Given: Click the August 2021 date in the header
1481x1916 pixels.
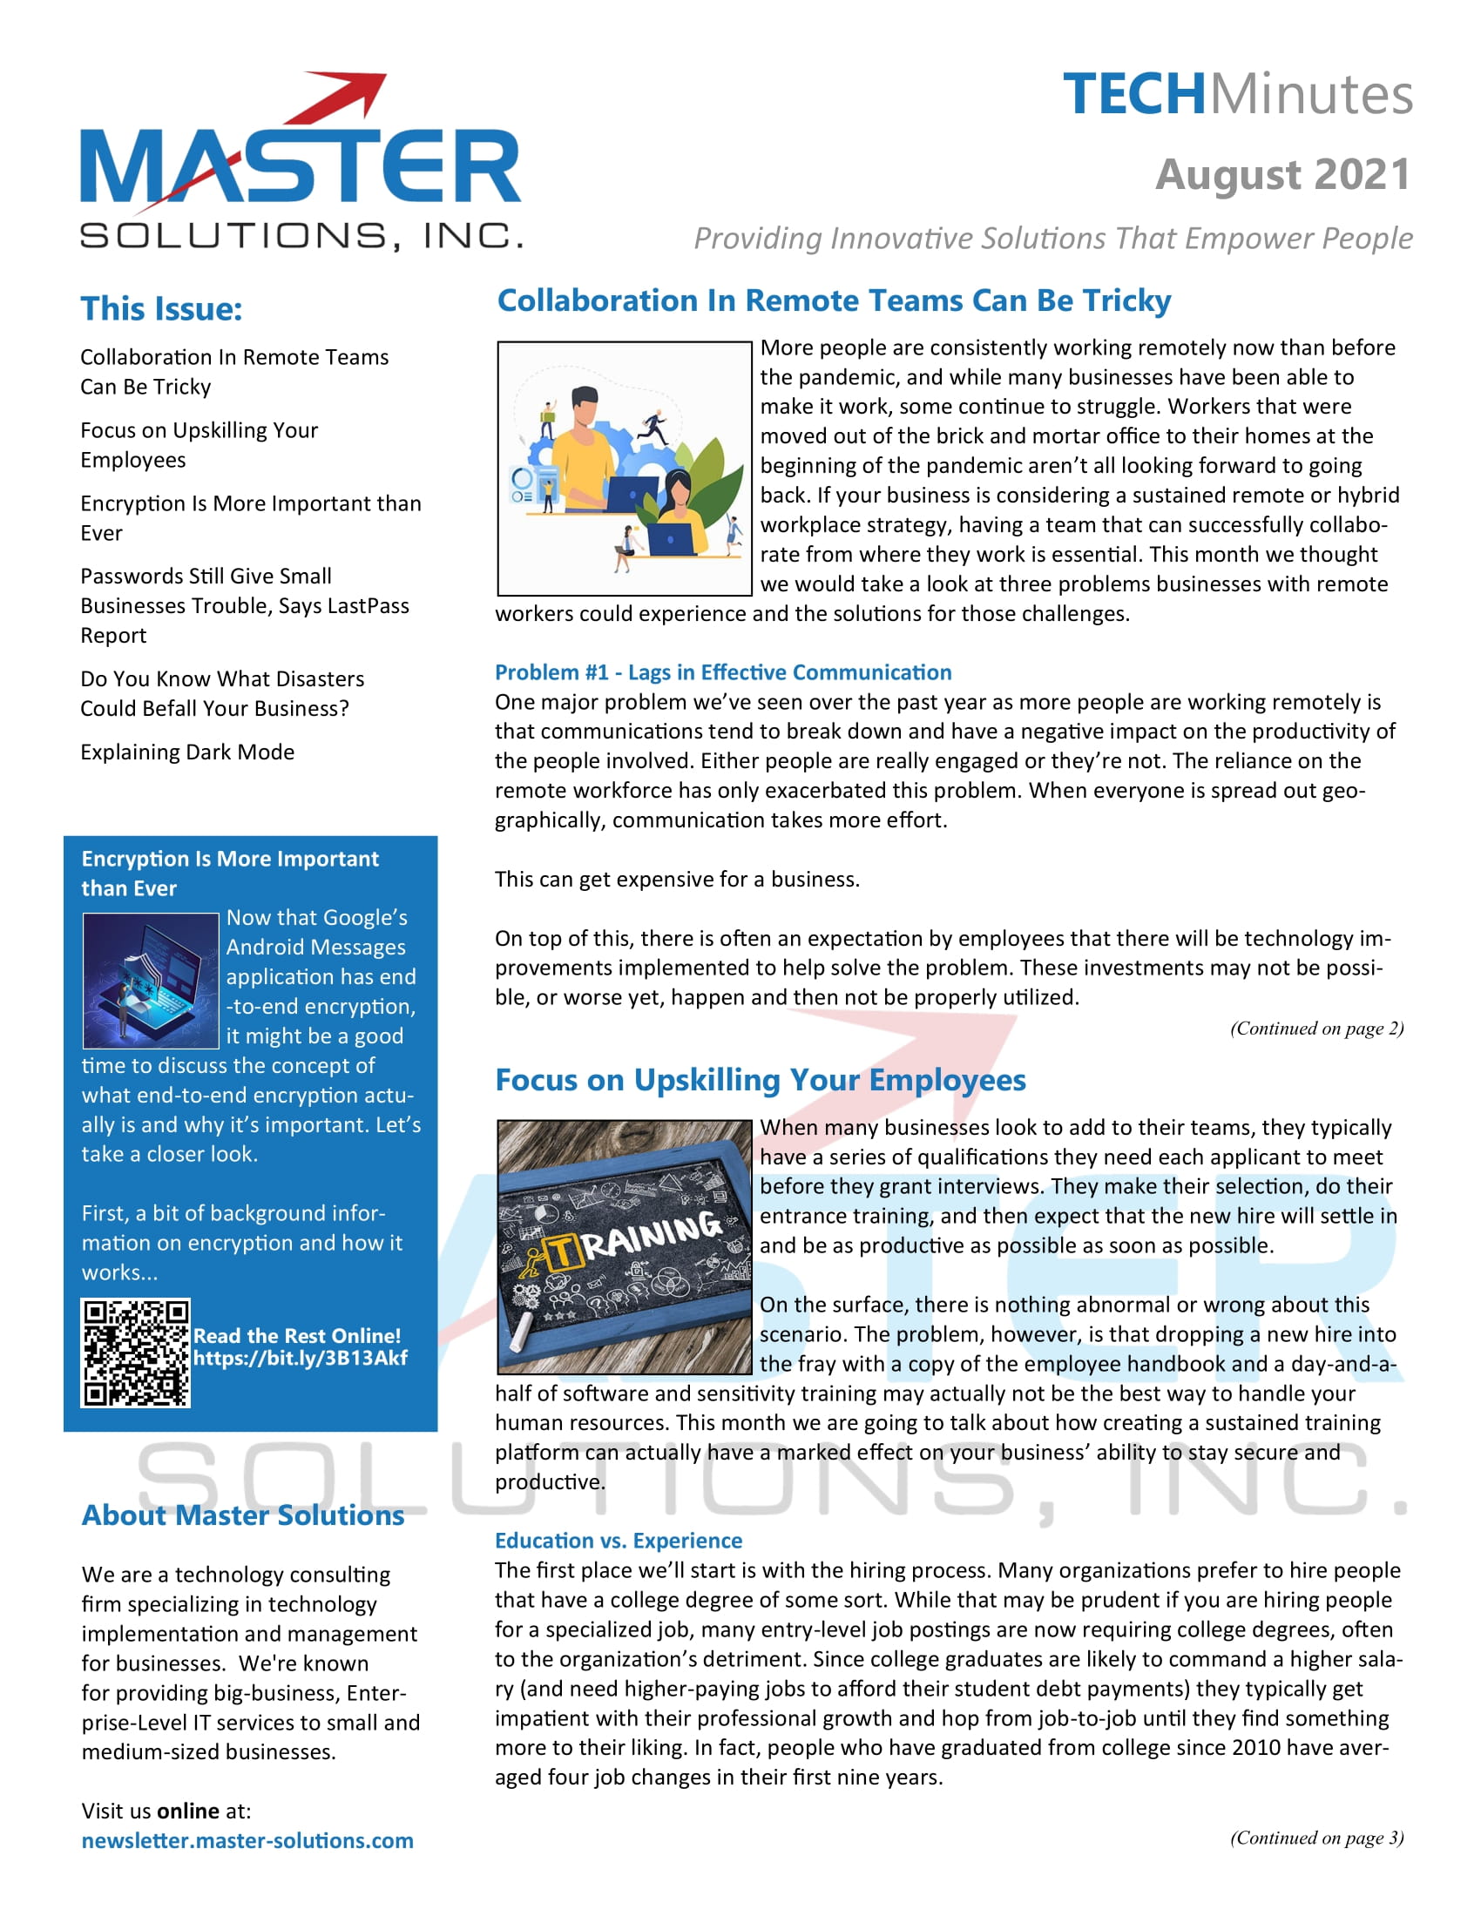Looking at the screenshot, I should pos(1282,174).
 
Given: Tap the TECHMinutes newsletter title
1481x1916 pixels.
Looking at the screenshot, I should pos(1237,94).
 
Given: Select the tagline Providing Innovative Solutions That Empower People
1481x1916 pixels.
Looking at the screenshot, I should pos(1053,239).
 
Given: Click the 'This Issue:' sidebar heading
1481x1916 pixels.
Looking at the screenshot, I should pos(161,309).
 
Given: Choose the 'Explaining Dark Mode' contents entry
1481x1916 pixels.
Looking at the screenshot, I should pos(187,752).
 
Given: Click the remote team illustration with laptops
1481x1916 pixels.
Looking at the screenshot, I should pos(624,469).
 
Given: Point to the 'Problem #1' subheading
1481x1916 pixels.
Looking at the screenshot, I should pos(723,673).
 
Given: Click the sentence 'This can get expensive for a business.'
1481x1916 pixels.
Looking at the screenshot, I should pos(676,880).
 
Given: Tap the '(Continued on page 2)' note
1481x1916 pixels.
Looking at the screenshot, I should pos(1316,1029).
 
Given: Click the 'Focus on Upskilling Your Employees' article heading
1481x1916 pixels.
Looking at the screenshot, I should pos(760,1080).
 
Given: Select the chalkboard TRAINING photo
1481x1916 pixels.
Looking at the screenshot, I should pos(624,1246).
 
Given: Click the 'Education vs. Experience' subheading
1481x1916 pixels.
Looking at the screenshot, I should pos(619,1541).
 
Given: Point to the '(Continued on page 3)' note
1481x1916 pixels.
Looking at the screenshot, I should pos(1316,1838).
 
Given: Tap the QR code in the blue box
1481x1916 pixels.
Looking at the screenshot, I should pos(136,1353).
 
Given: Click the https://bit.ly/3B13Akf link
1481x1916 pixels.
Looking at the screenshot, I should pos(300,1358).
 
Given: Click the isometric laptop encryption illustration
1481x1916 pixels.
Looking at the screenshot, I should pos(150,981).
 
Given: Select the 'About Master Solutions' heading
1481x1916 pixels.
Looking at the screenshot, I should pos(243,1515).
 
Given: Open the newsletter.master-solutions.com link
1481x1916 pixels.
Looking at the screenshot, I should pos(247,1840).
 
